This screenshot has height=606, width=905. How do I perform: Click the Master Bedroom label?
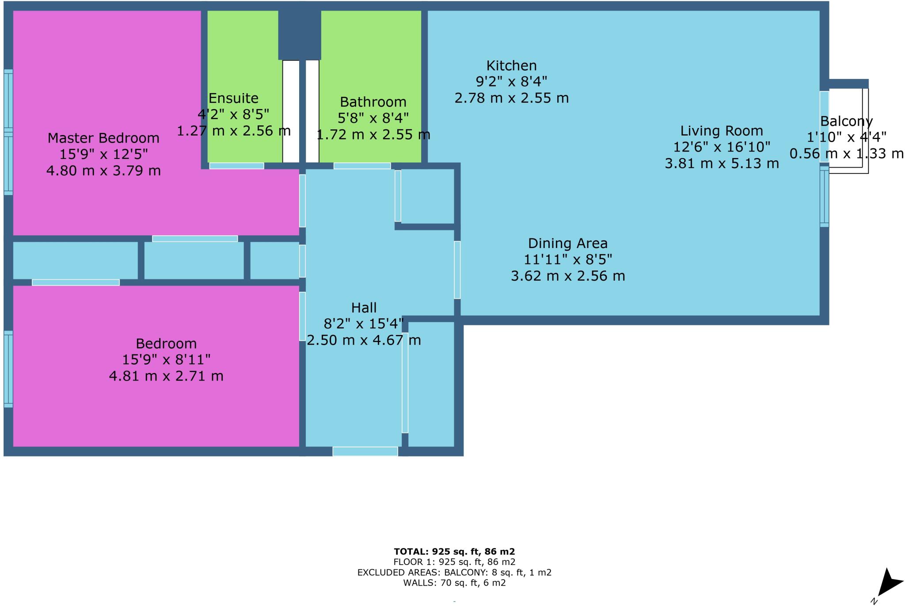click(103, 138)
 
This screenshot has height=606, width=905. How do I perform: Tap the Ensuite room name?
click(233, 98)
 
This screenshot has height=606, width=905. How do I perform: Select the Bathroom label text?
click(373, 102)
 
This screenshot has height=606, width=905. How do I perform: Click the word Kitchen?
click(511, 66)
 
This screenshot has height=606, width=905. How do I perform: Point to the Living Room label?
click(721, 131)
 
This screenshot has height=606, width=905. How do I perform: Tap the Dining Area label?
click(567, 244)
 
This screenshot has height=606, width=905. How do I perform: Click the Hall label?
click(364, 308)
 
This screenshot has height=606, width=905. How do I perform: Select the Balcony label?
click(846, 121)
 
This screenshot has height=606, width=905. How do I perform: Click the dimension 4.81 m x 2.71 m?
click(166, 376)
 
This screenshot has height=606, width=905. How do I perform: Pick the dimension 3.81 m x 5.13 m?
click(721, 164)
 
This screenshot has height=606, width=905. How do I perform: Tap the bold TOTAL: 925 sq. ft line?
click(454, 551)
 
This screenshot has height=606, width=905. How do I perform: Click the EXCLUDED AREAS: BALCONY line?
click(454, 572)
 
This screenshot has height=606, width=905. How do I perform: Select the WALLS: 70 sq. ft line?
click(454, 583)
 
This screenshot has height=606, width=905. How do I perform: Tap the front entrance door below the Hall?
click(365, 451)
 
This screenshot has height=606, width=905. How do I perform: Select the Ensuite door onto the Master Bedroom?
click(236, 166)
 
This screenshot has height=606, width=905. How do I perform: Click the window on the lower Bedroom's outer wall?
click(8, 369)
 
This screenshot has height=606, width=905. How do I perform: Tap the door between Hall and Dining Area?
click(457, 270)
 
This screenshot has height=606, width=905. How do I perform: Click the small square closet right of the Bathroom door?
click(427, 196)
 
